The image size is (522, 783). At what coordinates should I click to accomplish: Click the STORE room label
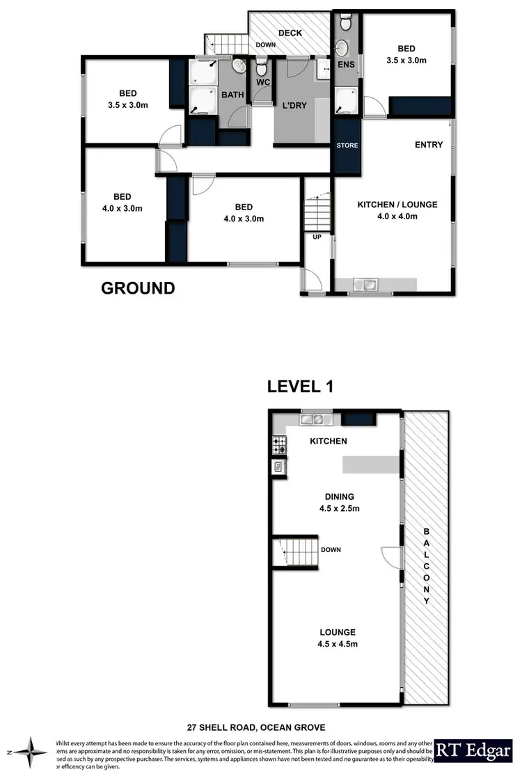[347, 146]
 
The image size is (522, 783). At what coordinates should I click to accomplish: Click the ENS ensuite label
[346, 65]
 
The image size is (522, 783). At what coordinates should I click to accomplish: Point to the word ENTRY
[429, 145]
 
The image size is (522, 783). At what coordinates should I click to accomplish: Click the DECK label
[290, 33]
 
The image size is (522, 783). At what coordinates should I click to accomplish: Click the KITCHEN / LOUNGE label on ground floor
[397, 205]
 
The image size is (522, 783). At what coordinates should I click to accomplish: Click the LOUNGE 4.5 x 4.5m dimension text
[338, 644]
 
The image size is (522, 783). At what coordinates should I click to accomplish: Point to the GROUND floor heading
[138, 288]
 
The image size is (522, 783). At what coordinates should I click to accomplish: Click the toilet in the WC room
[262, 68]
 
